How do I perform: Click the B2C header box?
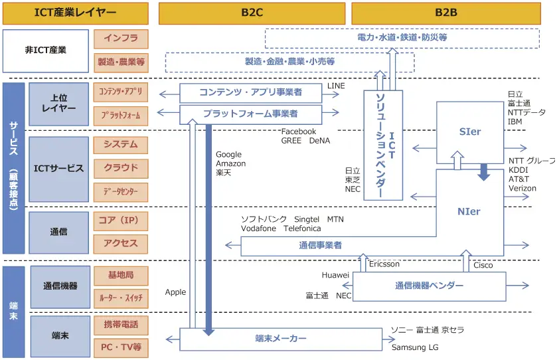pyautogui.click(x=251, y=13)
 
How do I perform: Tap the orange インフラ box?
pyautogui.click(x=121, y=39)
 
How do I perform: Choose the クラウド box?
pyautogui.click(x=121, y=168)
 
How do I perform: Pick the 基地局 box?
pyautogui.click(x=121, y=274)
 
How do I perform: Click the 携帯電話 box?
pyautogui.click(x=121, y=325)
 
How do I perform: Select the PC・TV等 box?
pyautogui.click(x=121, y=347)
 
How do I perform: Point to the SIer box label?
pyautogui.click(x=469, y=132)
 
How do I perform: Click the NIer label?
pyautogui.click(x=469, y=212)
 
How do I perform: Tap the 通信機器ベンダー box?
pyautogui.click(x=429, y=286)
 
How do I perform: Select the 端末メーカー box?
pyautogui.click(x=281, y=339)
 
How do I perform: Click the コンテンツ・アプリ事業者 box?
pyautogui.click(x=251, y=92)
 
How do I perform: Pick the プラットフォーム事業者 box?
pyautogui.click(x=250, y=114)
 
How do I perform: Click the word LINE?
pyautogui.click(x=337, y=86)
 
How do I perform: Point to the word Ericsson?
pyautogui.click(x=384, y=264)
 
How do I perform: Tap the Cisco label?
pyautogui.click(x=483, y=266)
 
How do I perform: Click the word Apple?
pyautogui.click(x=176, y=292)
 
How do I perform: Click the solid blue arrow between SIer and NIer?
pyautogui.click(x=484, y=172)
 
